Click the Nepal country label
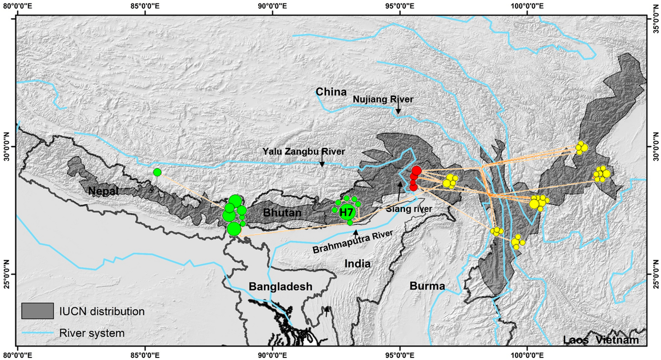[103, 191]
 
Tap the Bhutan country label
[282, 213]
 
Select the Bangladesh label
[280, 287]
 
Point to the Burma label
[427, 286]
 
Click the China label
[331, 92]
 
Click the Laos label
[576, 340]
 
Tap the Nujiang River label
[383, 99]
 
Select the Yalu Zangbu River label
[304, 152]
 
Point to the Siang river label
[409, 209]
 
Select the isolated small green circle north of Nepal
[157, 172]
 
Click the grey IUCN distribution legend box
[38, 311]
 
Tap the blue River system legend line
[38, 333]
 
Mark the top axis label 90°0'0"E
[272, 6]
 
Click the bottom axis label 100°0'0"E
[527, 355]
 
